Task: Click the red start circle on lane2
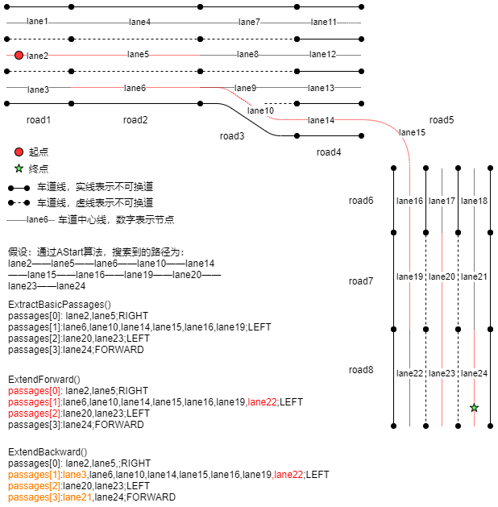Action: [19, 55]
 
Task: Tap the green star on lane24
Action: [474, 408]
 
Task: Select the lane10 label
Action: [260, 110]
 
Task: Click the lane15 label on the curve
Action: [412, 132]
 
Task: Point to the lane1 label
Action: [37, 21]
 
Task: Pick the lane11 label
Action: [324, 22]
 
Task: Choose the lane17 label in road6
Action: [442, 201]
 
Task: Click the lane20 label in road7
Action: [442, 276]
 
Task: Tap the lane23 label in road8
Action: [442, 373]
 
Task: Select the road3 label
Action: [232, 136]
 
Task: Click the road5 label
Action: [442, 120]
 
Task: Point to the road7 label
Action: [361, 281]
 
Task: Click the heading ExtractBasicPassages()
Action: [60, 305]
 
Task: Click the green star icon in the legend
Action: [19, 168]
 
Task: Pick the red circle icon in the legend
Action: [19, 152]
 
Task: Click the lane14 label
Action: [321, 120]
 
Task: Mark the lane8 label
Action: [247, 54]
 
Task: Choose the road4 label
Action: [329, 152]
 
